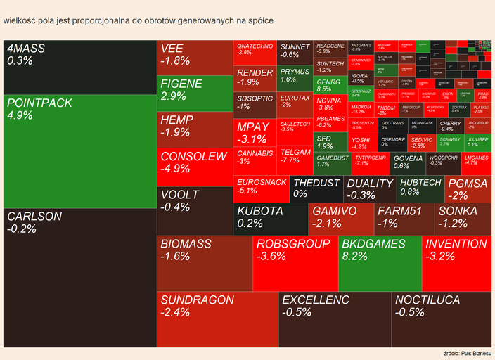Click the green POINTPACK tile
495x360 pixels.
point(79,151)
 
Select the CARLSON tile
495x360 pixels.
point(79,277)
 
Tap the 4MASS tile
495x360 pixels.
point(79,67)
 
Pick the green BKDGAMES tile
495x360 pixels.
point(380,264)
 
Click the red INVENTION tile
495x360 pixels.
point(456,264)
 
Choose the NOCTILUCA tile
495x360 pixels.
point(441,319)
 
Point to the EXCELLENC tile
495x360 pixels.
point(335,319)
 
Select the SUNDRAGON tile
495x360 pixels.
point(217,319)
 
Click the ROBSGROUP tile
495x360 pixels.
point(295,264)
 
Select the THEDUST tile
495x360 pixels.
point(316,188)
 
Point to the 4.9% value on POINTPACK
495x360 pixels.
point(20,115)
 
